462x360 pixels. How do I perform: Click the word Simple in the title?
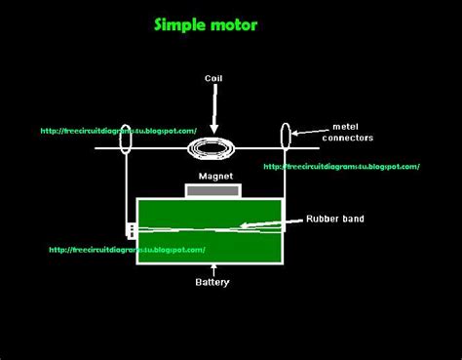click(x=180, y=24)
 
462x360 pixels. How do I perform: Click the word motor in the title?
click(x=235, y=24)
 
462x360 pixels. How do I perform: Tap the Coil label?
click(x=214, y=77)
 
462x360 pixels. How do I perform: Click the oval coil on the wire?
click(x=213, y=148)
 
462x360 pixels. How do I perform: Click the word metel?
click(x=346, y=125)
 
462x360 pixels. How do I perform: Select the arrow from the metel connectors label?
click(x=311, y=130)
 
